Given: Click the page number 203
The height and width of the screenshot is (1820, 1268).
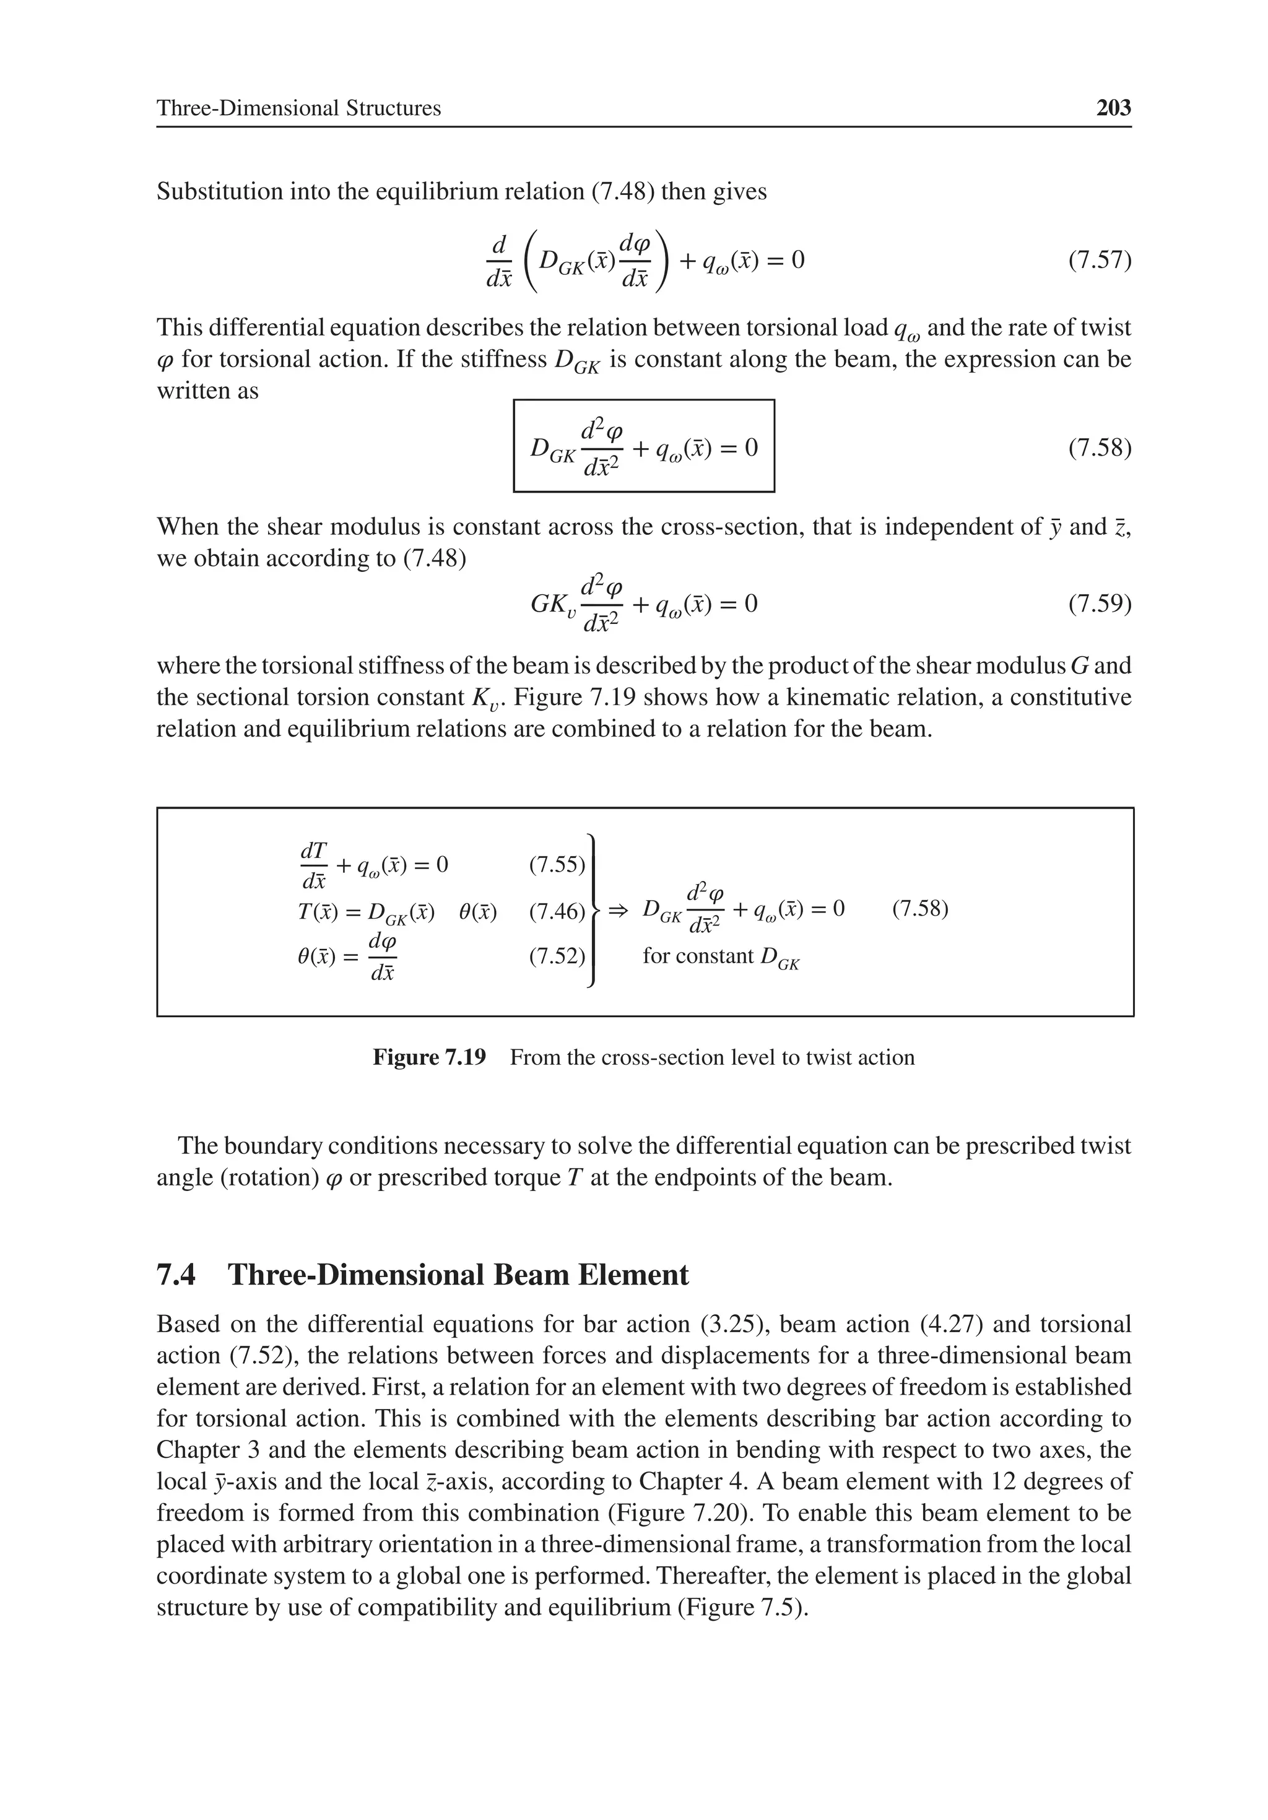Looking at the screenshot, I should [x=1113, y=108].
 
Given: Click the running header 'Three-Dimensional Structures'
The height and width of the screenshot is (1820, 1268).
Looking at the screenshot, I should [x=298, y=108].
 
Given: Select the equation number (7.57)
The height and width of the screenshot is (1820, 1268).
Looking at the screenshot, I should [x=1099, y=260].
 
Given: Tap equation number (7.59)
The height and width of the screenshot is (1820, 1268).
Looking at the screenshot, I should [x=1099, y=604].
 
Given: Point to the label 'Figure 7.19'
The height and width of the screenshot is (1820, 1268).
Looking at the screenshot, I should [x=429, y=1057].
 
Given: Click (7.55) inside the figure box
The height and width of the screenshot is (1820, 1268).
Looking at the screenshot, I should [x=557, y=865].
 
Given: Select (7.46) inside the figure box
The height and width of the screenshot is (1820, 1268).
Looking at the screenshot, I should [x=557, y=912].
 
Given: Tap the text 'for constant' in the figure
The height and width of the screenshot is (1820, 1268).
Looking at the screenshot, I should [x=698, y=956].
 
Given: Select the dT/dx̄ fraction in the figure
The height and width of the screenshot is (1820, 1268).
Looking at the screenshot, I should [x=314, y=865].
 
